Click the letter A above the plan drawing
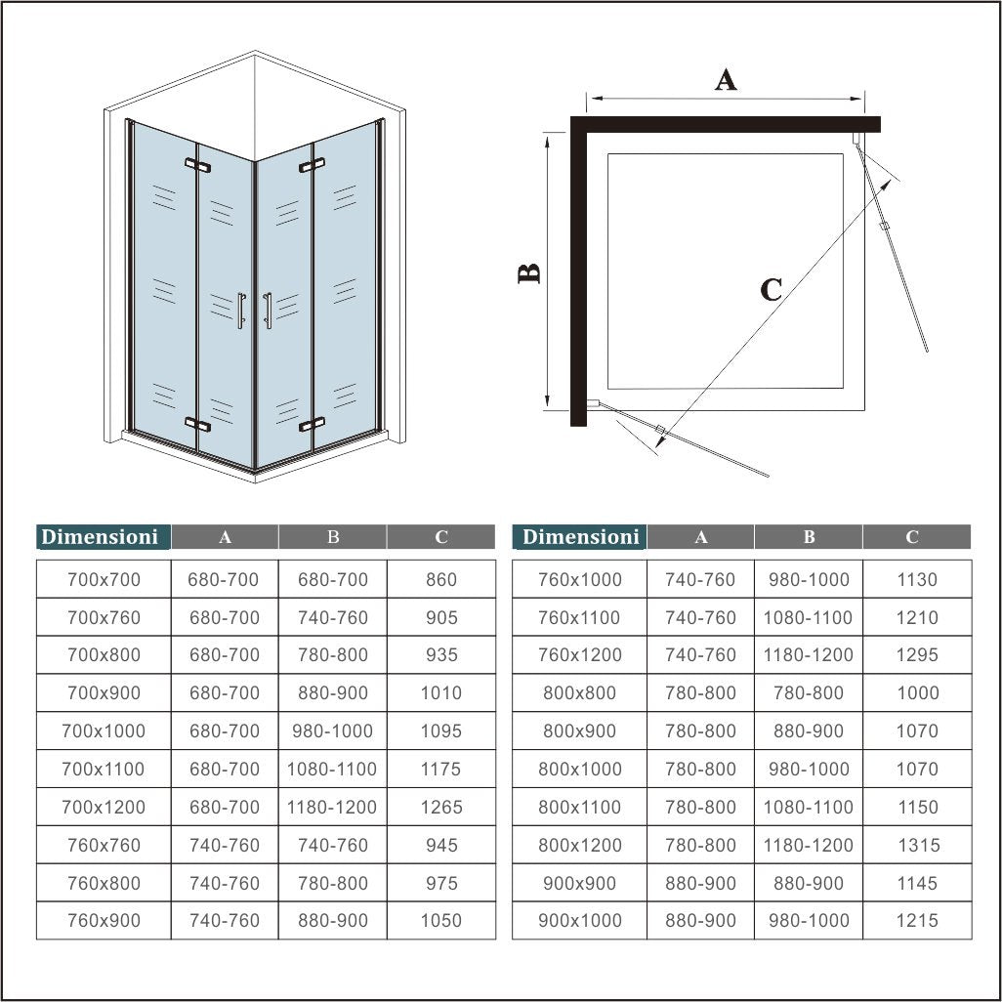[x=725, y=79]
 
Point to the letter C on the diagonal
[x=771, y=290]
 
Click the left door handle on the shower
[x=240, y=311]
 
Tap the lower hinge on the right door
[x=312, y=424]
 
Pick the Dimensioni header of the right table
[x=580, y=536]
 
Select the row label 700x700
[x=104, y=579]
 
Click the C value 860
[x=441, y=579]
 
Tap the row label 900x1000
[x=580, y=920]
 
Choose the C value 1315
[x=917, y=845]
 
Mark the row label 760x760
[x=104, y=845]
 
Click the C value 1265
[x=441, y=807]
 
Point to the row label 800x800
[x=580, y=692]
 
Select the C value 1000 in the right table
[x=917, y=692]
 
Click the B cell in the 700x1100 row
[x=332, y=769]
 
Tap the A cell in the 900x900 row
[x=700, y=883]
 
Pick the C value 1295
[x=917, y=654]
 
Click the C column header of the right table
[x=912, y=536]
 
